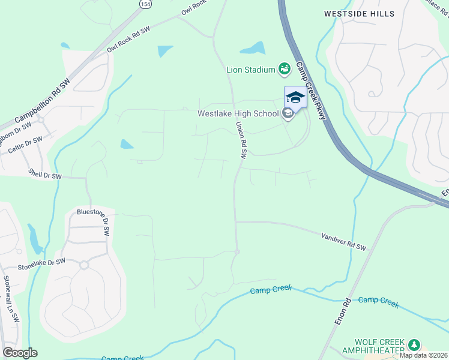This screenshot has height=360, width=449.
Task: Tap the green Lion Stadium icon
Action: tap(285, 70)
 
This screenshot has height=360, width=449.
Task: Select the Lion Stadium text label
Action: tap(250, 70)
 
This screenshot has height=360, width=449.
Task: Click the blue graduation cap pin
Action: tap(295, 97)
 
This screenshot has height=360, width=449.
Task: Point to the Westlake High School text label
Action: tap(238, 113)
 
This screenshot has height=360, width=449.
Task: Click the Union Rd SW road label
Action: tap(241, 140)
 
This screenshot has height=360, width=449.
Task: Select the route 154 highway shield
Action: tap(145, 4)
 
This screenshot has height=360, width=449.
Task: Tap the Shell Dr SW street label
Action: tap(45, 176)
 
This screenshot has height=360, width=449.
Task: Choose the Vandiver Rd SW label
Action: tap(343, 242)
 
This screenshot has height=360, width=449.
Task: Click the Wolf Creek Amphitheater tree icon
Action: tap(413, 344)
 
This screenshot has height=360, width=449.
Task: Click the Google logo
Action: tap(20, 353)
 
